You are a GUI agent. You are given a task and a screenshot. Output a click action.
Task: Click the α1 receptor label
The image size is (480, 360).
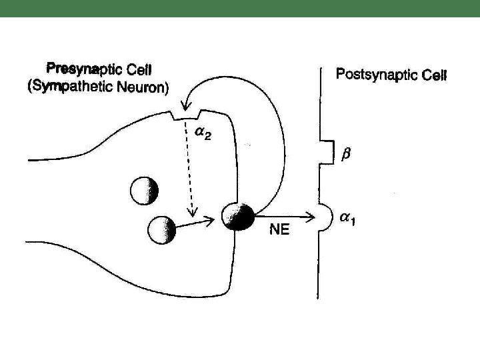coord(346,221)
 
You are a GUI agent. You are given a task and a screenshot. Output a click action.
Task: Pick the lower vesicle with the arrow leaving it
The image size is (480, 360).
coord(161,231)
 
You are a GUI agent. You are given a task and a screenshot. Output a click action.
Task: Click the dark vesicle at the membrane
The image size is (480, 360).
coord(239,217)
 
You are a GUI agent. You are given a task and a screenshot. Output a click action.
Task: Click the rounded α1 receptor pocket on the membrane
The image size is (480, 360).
coord(323,217)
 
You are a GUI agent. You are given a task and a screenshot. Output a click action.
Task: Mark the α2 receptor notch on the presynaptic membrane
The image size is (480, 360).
coord(181,117)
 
